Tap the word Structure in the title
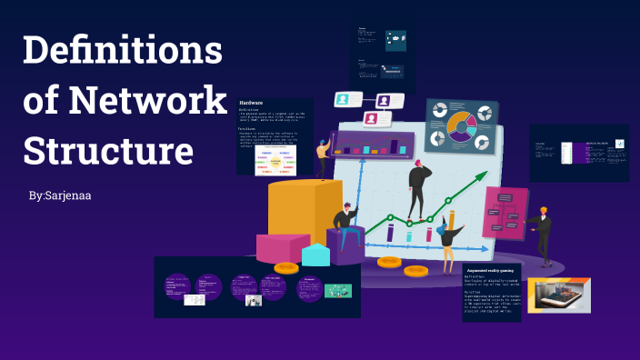coord(108,148)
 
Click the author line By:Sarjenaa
coord(60,195)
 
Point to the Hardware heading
coord(252,103)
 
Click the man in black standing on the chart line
coord(419,188)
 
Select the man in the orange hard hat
coord(543,233)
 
